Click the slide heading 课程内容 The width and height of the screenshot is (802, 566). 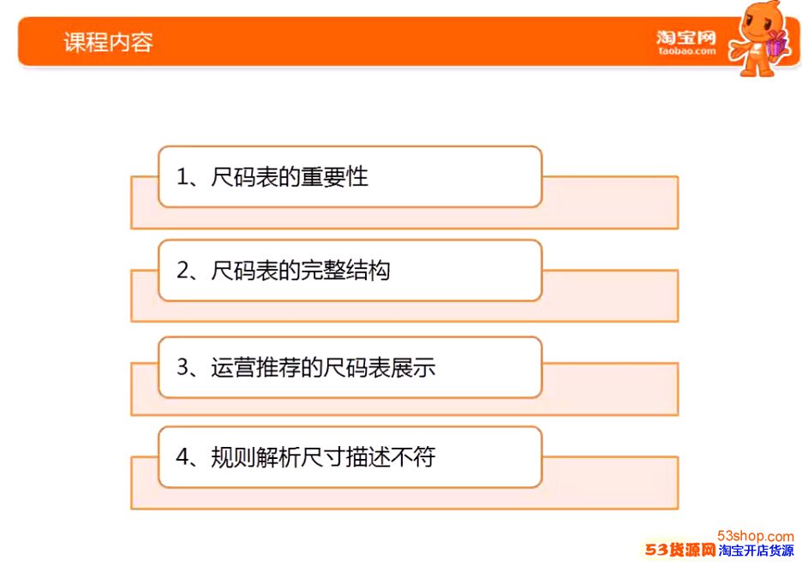coord(109,42)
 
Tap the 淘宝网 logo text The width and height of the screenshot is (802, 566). coord(686,38)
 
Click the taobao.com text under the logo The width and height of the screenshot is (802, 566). coord(687,51)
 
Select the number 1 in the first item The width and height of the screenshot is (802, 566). coord(183,177)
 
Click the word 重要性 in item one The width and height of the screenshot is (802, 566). coord(334,177)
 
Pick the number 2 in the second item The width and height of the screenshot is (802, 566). coord(183,271)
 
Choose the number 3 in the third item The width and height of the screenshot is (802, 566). coord(183,367)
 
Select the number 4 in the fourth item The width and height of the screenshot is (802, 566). coord(183,456)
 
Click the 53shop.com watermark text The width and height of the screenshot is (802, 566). coord(756,536)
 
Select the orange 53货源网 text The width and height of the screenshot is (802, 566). coord(680,550)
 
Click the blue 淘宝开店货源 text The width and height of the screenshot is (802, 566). coord(756,551)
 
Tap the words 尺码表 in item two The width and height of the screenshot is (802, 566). coord(244,271)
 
